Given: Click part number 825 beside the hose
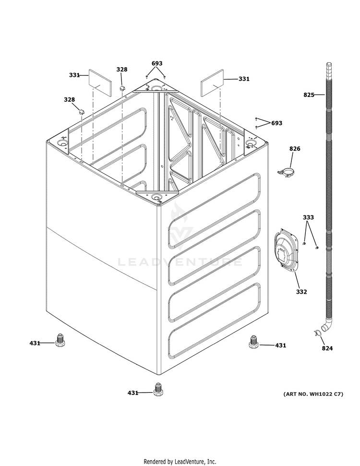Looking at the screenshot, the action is pyautogui.click(x=309, y=95).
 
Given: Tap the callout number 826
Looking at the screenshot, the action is pyautogui.click(x=295, y=149).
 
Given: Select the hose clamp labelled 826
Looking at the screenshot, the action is pyautogui.click(x=287, y=173).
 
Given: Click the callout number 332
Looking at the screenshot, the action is pyautogui.click(x=301, y=292).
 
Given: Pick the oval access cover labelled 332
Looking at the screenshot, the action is pyautogui.click(x=286, y=250).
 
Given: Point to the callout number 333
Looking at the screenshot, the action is pyautogui.click(x=308, y=217).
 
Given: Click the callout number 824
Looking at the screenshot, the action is pyautogui.click(x=327, y=348).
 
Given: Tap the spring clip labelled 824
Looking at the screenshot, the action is pyautogui.click(x=317, y=333).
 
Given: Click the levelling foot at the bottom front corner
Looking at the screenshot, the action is pyautogui.click(x=158, y=390).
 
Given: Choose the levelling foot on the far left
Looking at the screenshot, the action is pyautogui.click(x=60, y=340).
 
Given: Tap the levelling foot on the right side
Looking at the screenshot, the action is pyautogui.click(x=253, y=342).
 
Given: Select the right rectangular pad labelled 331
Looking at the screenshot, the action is pyautogui.click(x=212, y=83).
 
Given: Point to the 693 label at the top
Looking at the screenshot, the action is pyautogui.click(x=157, y=63).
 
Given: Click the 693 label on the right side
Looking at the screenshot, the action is pyautogui.click(x=277, y=123).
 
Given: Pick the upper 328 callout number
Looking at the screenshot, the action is pyautogui.click(x=122, y=70).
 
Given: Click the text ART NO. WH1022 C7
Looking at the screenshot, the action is pyautogui.click(x=313, y=394).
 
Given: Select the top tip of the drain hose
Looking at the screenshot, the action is pyautogui.click(x=329, y=63).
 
